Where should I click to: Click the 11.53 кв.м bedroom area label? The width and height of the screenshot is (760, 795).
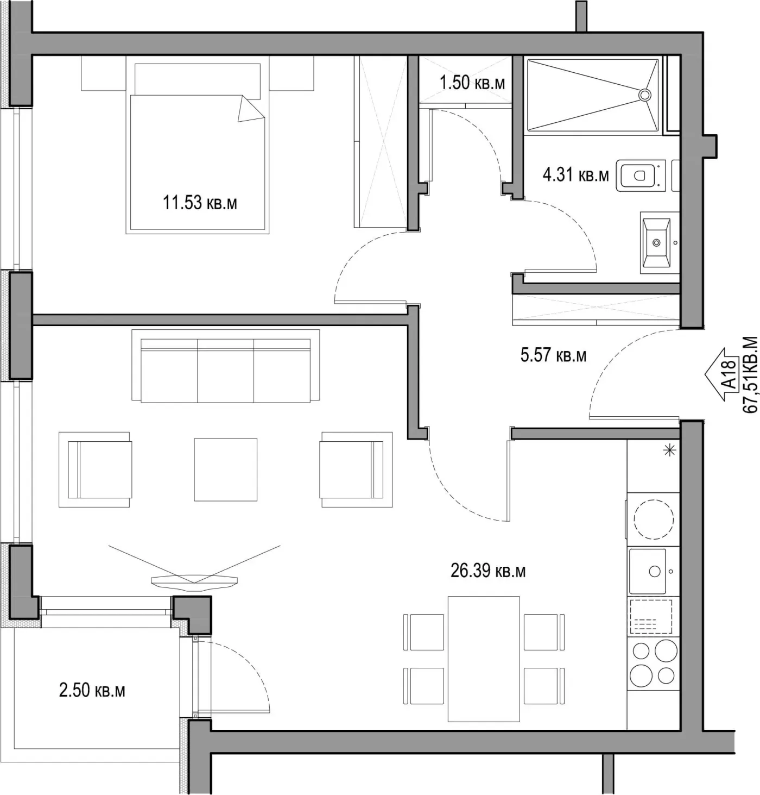click(x=200, y=203)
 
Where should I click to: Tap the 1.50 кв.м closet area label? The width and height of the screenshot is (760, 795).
click(x=472, y=83)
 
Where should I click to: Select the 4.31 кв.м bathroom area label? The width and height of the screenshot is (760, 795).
click(x=575, y=175)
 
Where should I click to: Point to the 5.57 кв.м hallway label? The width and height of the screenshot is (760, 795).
click(x=553, y=355)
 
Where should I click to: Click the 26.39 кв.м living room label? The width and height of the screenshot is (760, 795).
click(x=487, y=571)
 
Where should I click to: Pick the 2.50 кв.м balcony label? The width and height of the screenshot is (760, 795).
click(x=92, y=691)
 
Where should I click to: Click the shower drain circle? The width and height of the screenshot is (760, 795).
click(x=644, y=95)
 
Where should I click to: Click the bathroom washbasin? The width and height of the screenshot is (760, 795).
click(x=656, y=243)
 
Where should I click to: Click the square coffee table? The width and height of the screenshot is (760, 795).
click(x=226, y=470)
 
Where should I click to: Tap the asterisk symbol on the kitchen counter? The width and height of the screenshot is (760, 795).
click(x=669, y=450)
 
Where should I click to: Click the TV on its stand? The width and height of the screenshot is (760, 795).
click(x=194, y=581)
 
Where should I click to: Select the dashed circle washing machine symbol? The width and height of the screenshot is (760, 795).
click(x=654, y=519)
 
